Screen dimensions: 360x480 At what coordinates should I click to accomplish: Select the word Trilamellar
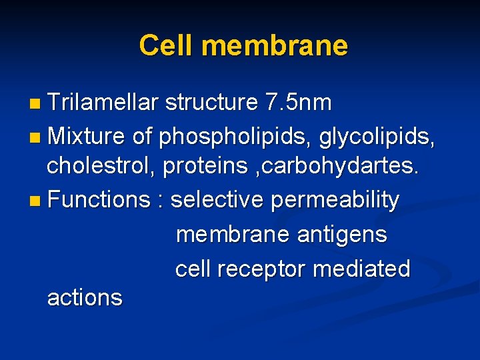pyautogui.click(x=103, y=103)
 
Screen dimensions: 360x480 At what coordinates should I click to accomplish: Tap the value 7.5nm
pyautogui.click(x=298, y=103)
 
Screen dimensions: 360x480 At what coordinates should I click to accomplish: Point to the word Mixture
pyautogui.click(x=86, y=136)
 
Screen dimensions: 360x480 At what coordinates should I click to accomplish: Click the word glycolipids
pyautogui.click(x=377, y=137)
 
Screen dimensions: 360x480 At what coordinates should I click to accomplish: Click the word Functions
pyautogui.click(x=100, y=199)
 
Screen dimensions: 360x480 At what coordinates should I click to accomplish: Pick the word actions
pyautogui.click(x=85, y=298)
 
